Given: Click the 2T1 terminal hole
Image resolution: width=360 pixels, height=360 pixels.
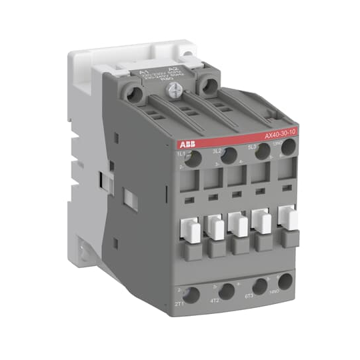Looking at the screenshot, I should [192, 295].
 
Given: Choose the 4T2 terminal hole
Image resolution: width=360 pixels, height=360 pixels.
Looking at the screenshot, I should [227, 291].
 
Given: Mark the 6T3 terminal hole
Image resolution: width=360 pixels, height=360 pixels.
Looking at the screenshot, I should [260, 285].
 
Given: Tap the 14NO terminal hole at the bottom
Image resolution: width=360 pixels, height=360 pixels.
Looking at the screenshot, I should [285, 281].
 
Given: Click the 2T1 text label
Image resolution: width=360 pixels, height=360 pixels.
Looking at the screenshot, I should [179, 304].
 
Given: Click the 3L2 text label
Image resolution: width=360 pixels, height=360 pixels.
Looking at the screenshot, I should [217, 151].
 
